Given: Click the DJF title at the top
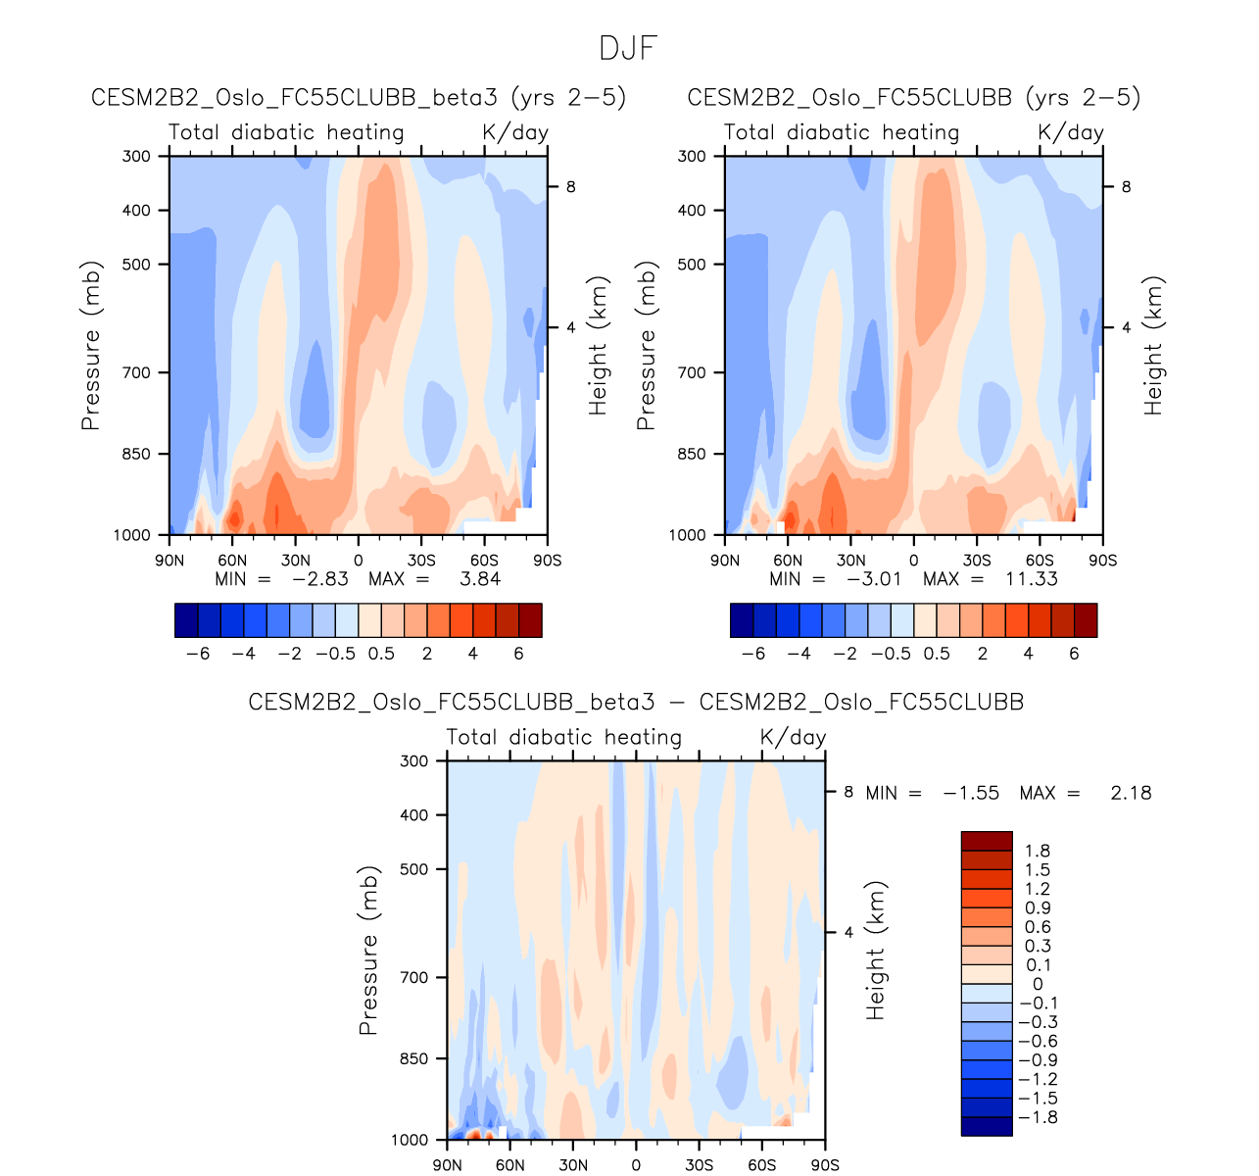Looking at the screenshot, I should click(628, 47).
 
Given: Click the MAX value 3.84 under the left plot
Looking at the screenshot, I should click(480, 579).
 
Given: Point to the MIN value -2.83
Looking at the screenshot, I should click(320, 579).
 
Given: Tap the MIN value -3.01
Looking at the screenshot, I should click(874, 579).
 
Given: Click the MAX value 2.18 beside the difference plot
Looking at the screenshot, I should click(1131, 793).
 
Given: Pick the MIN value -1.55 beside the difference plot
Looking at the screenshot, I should click(971, 793).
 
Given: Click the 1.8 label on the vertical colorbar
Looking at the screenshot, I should click(1037, 851).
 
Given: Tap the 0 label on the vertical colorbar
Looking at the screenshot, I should click(1038, 984).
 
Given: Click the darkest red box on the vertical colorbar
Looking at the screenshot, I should click(987, 841).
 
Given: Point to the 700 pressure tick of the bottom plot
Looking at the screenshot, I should click(415, 977).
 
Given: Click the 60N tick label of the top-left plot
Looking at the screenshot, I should click(232, 561).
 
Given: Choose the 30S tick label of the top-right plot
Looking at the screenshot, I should click(976, 561).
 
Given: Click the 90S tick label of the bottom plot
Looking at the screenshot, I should click(825, 1165).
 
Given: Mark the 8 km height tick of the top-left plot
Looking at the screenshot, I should click(570, 186).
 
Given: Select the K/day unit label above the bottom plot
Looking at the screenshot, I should click(793, 737).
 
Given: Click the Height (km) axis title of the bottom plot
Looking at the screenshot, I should click(875, 950).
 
